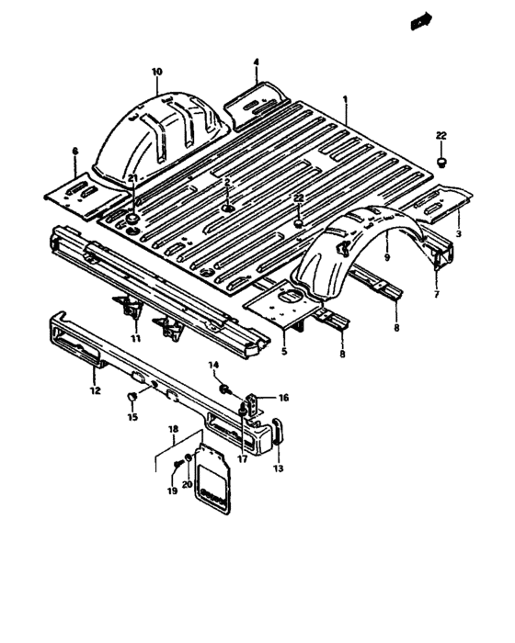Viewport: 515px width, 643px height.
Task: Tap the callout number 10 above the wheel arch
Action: click(156, 72)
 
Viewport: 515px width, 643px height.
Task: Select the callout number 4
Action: click(256, 62)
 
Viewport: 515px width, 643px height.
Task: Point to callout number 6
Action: click(74, 150)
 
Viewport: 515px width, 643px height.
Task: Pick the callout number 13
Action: click(279, 468)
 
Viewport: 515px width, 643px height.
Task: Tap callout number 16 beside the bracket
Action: click(283, 399)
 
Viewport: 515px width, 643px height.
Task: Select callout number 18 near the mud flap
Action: click(172, 429)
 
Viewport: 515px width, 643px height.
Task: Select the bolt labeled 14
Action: click(224, 391)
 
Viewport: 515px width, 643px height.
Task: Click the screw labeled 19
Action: click(176, 469)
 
